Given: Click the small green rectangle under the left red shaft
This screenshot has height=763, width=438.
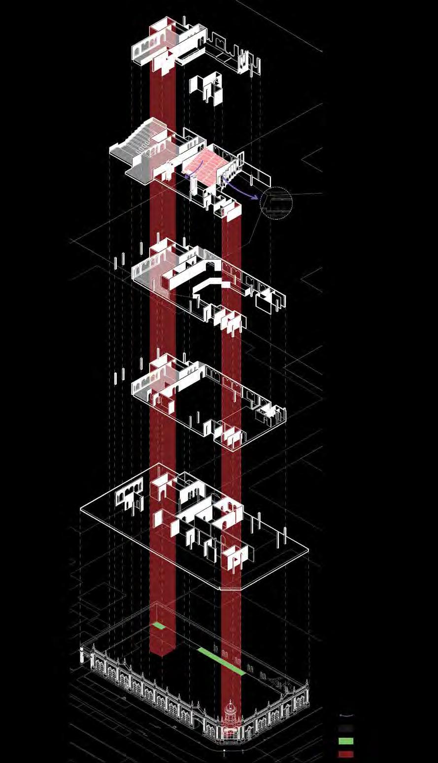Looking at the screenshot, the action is [159, 626].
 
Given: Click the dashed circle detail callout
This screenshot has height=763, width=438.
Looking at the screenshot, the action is [276, 202].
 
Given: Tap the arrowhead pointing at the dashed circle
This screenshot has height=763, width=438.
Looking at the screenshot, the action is [257, 197].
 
